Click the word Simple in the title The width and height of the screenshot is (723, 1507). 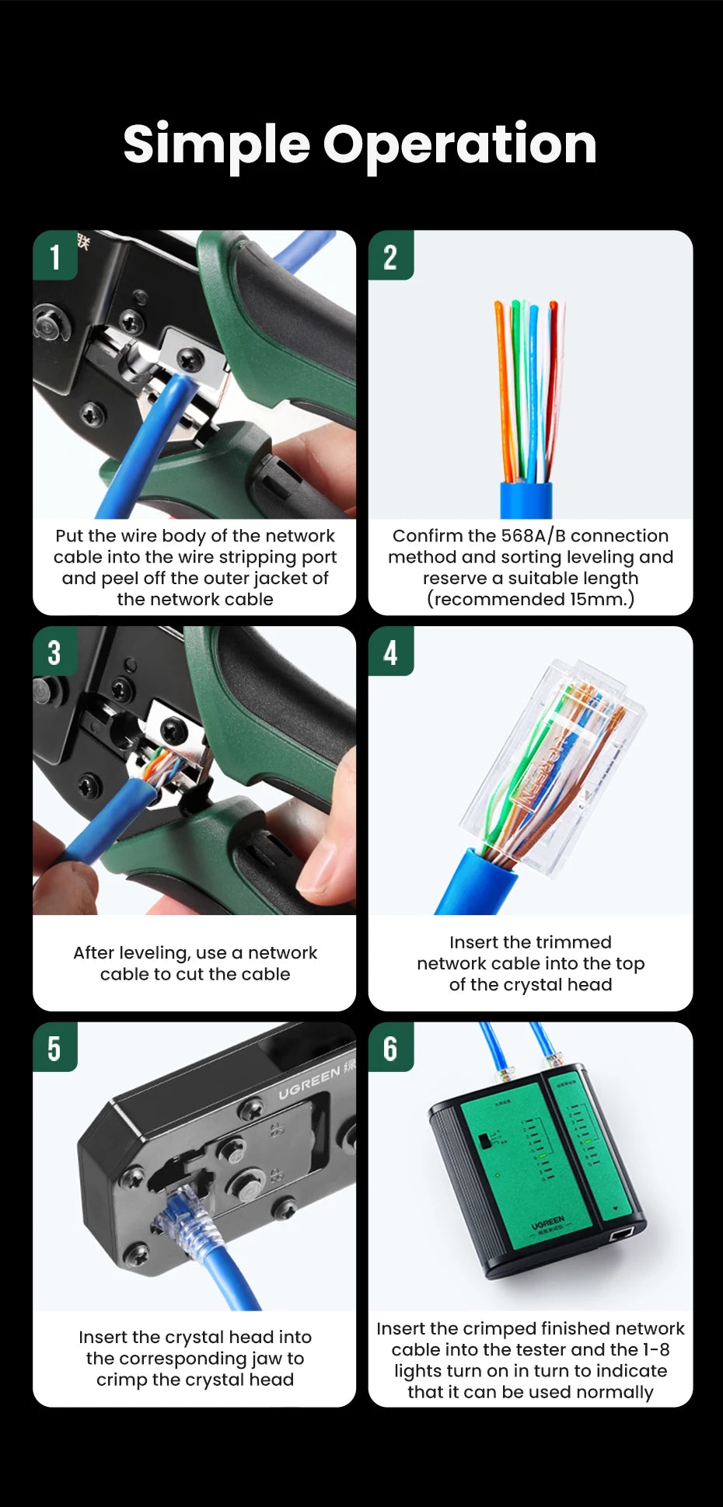click(216, 145)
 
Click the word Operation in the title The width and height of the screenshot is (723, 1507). click(459, 145)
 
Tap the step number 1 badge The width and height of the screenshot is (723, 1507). click(54, 256)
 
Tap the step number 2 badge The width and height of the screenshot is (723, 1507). click(390, 256)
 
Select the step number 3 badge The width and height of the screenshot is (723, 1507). click(54, 653)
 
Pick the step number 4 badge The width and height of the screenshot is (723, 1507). click(390, 653)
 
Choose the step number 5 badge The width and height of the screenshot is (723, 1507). click(54, 1049)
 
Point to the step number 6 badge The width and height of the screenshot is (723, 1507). click(390, 1049)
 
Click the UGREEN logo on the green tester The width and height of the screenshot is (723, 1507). click(548, 1224)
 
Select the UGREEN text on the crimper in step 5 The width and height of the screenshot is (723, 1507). click(309, 1083)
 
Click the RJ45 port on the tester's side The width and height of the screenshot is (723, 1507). click(622, 1234)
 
